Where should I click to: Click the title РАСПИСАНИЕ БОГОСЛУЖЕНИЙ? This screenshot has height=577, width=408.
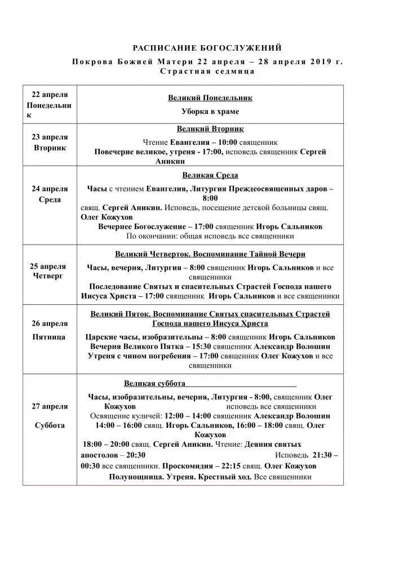pos(207,48)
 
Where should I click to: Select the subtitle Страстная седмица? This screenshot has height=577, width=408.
pos(207,72)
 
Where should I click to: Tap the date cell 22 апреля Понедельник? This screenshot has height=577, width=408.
pos(50,104)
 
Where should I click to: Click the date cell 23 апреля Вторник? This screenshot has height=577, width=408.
pos(50,143)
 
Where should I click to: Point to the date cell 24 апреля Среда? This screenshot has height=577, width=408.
pos(50,194)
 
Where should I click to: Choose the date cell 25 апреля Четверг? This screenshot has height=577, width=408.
pos(50,271)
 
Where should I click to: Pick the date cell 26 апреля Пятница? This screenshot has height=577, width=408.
pos(50,330)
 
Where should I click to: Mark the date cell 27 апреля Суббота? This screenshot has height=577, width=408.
pos(50,416)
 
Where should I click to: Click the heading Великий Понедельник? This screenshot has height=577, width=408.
pos(210,98)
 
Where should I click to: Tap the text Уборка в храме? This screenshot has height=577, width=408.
pos(210,112)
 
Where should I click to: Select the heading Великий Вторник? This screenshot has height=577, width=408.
pos(210,129)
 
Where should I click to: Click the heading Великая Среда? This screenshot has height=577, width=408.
pos(210,175)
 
